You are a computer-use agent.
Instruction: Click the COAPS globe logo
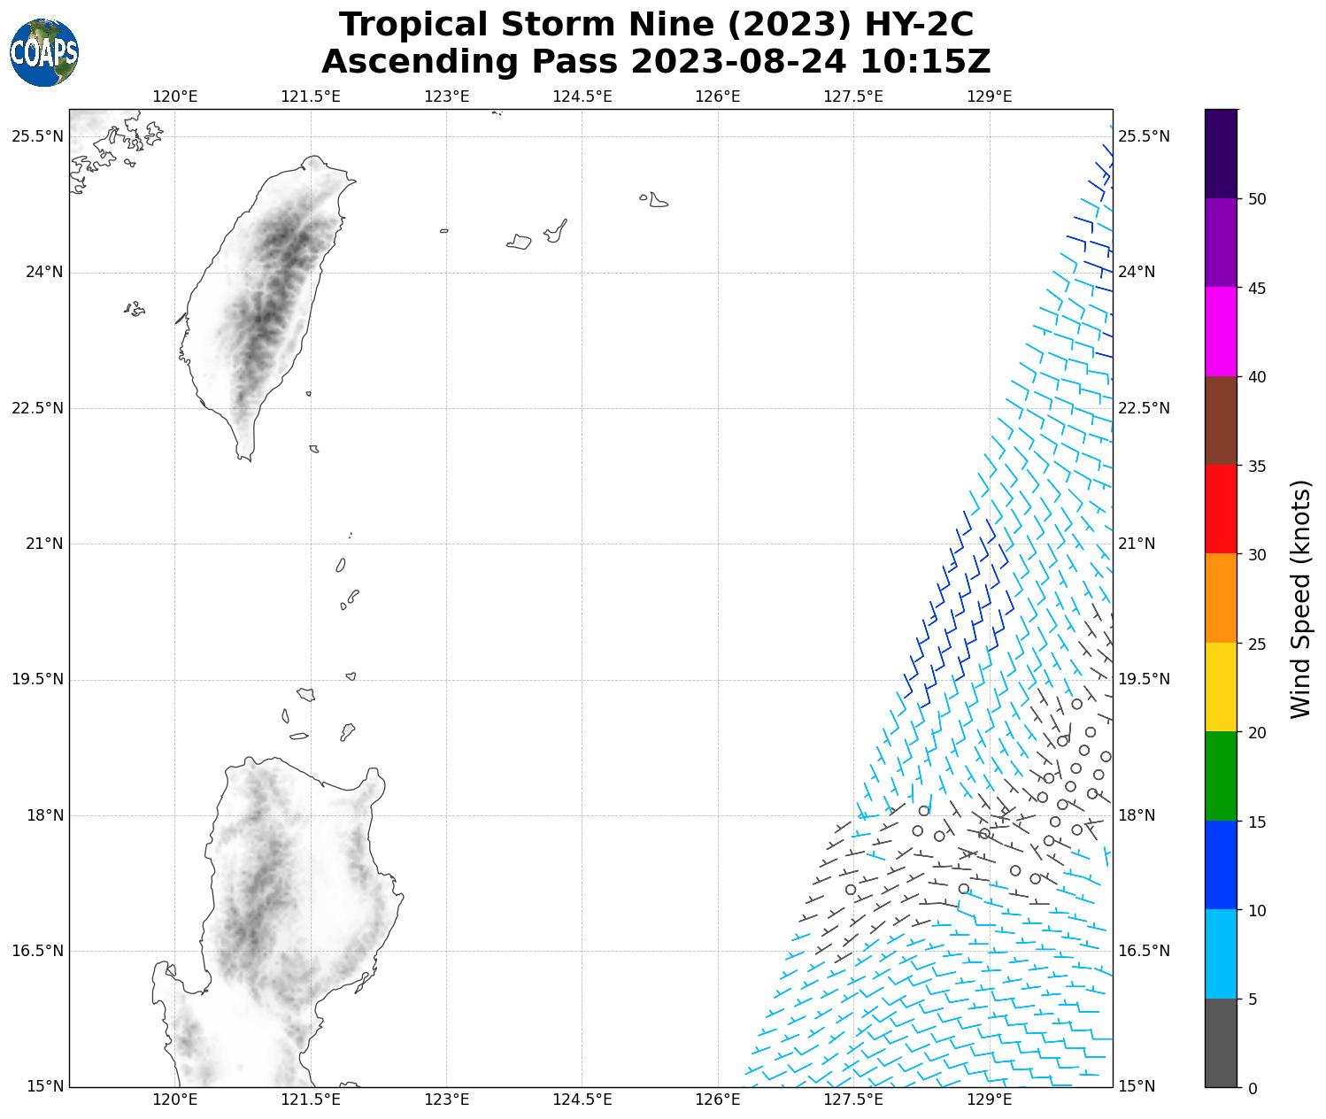(44, 52)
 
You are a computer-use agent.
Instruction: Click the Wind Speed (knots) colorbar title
(1300, 599)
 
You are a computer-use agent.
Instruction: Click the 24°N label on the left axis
(44, 272)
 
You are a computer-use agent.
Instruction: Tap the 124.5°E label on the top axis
(582, 96)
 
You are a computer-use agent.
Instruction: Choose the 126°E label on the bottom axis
(718, 1100)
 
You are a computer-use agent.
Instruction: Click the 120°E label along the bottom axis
(175, 1100)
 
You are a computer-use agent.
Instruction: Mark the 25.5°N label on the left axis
(37, 136)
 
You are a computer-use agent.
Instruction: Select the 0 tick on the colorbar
(1252, 1088)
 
